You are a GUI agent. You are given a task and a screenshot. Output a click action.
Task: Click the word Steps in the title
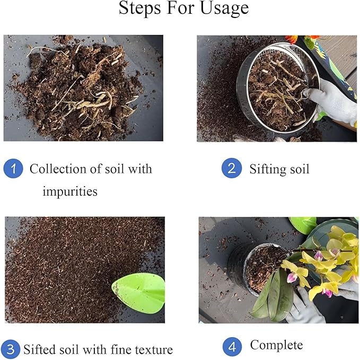(x=139, y=9)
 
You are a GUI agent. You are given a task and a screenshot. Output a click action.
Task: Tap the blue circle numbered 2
(x=231, y=169)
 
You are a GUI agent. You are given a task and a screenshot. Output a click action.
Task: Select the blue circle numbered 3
(x=11, y=350)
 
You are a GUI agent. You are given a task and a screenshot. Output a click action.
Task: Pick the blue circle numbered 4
(x=232, y=347)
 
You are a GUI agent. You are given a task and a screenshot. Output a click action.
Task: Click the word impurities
(x=70, y=191)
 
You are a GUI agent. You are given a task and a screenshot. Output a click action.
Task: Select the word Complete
(x=276, y=345)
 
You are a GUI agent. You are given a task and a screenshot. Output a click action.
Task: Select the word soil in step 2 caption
(x=300, y=169)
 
